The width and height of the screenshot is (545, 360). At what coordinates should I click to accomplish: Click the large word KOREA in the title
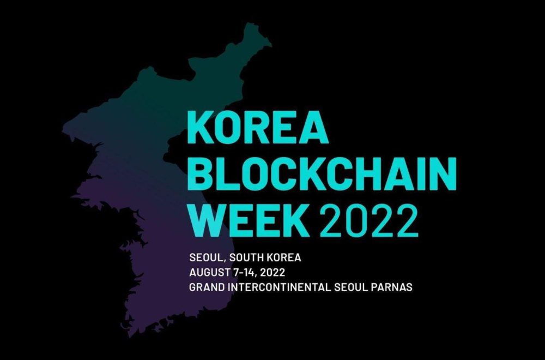coord(258,128)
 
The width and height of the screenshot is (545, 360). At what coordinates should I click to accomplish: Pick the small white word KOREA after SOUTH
coord(284,258)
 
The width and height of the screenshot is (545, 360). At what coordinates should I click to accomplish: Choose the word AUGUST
coord(209,272)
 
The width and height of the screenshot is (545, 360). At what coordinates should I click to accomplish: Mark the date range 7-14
coord(244,273)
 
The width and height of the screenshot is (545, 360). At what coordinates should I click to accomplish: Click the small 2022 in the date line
coord(272,272)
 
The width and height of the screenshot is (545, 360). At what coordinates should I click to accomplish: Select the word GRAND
coord(207,287)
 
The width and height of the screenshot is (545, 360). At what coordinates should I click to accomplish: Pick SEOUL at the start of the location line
coord(207,258)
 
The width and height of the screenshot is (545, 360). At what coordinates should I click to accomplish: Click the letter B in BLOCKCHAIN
coord(201,174)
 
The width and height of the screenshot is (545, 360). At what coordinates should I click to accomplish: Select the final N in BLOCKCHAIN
coord(444,174)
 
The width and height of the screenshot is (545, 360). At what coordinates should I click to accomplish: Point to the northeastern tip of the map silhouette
coord(271,45)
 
